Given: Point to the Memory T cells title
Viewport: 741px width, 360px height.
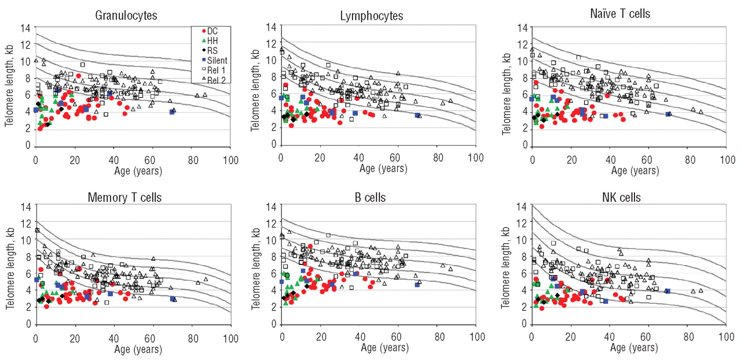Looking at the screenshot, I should (x=124, y=197).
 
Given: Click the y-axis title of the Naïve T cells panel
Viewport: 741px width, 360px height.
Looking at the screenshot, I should (x=508, y=87).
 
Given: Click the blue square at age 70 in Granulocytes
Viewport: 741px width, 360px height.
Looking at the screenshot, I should (x=172, y=112).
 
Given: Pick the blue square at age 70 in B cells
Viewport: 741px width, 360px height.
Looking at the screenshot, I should (x=417, y=285).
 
